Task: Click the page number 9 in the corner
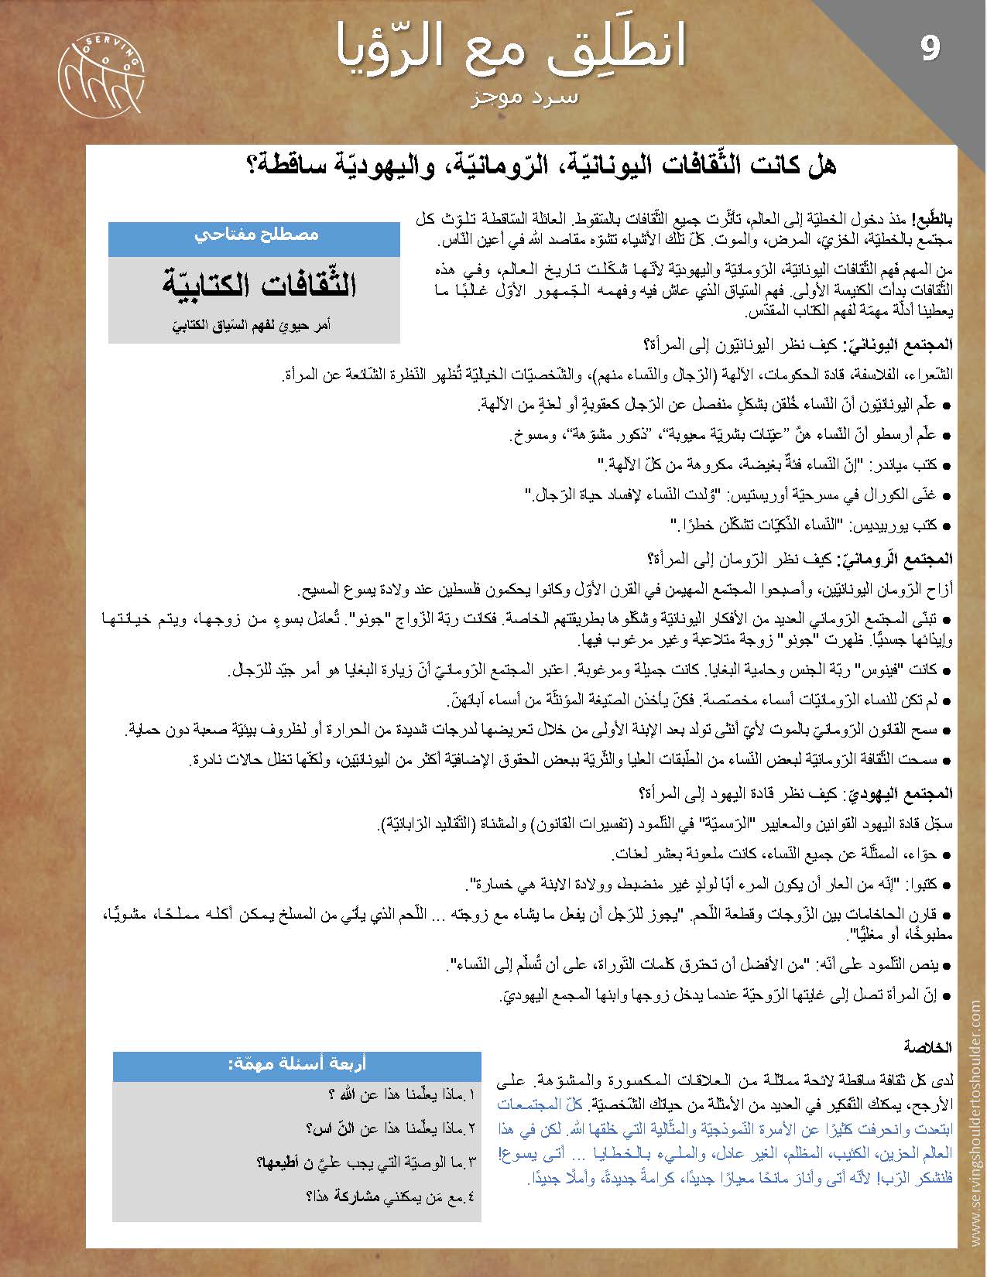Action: click(x=930, y=49)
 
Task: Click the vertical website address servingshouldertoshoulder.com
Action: click(x=972, y=1127)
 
